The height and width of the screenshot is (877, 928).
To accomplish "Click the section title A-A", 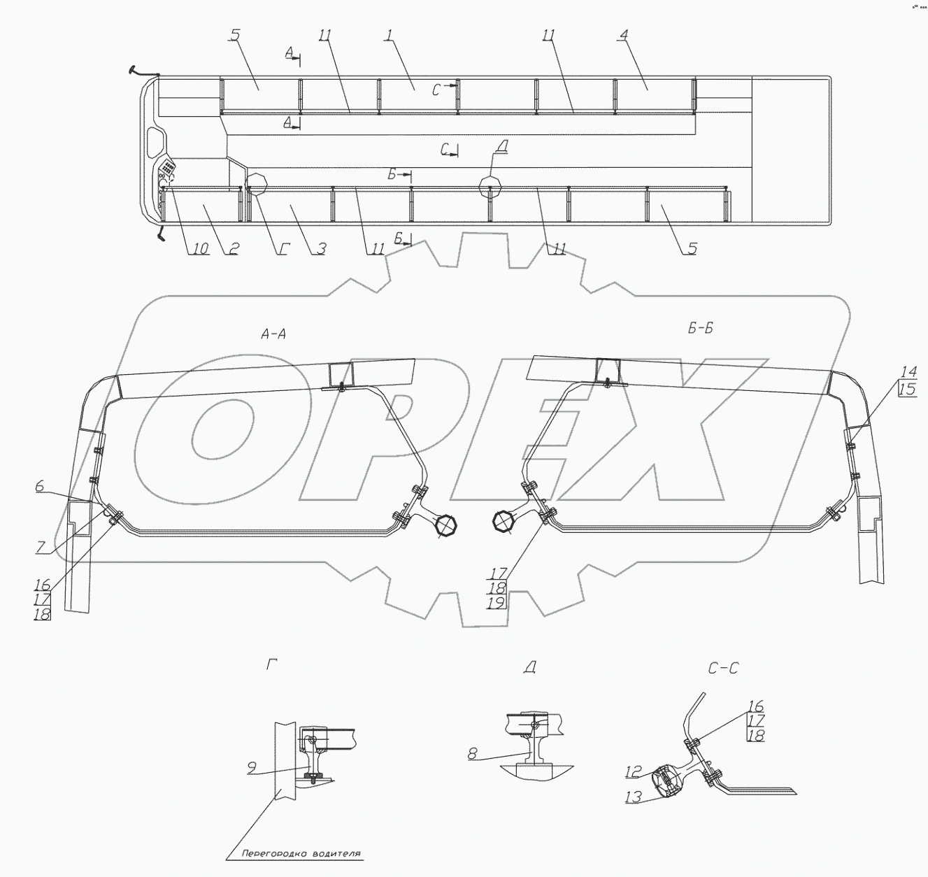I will click(x=272, y=334).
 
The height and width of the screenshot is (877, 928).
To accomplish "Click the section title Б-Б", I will click(x=699, y=328).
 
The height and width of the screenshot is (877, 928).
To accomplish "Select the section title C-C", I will click(x=722, y=669).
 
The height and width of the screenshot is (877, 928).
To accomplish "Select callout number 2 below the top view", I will click(x=231, y=248).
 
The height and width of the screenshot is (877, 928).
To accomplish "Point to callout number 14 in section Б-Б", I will click(x=907, y=372).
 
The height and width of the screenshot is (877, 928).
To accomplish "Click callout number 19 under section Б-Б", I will click(x=498, y=601).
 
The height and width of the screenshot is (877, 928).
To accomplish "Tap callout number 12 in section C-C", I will click(x=633, y=771).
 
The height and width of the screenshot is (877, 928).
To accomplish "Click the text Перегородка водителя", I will click(x=301, y=854).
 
